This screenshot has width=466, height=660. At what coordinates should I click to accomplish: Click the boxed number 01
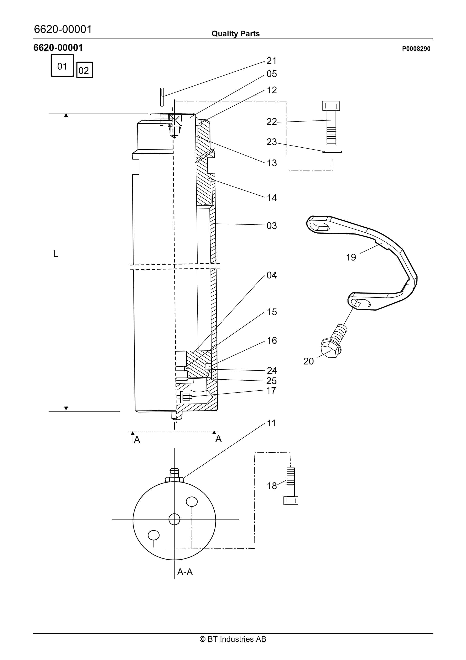click(62, 66)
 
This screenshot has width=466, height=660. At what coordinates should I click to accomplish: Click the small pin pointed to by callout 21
click(162, 97)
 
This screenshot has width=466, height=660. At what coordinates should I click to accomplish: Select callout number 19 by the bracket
click(351, 257)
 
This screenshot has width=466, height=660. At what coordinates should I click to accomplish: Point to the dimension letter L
click(56, 254)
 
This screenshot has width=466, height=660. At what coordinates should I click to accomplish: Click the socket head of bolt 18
click(291, 500)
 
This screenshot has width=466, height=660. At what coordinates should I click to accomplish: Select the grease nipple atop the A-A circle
click(174, 475)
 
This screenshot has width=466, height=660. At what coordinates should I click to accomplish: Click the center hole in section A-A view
click(174, 519)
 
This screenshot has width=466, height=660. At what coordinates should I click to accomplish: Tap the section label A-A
click(185, 572)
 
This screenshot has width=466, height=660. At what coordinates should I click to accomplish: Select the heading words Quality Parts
click(235, 34)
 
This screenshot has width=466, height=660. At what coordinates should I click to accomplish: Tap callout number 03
click(272, 226)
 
